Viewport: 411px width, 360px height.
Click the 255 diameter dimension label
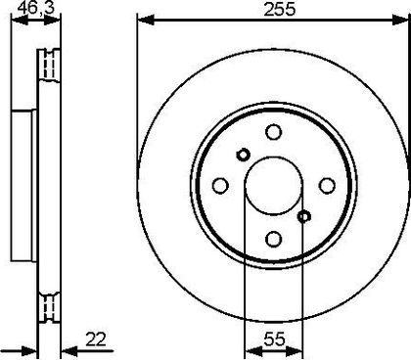(279, 9)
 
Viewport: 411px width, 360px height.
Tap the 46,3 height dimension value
(36, 8)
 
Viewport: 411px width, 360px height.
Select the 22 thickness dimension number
(96, 339)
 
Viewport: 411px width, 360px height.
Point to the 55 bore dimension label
(274, 339)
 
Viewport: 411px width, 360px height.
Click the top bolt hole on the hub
(273, 132)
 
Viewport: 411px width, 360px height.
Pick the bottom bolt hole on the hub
(273, 239)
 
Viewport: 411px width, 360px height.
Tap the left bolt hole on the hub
(220, 186)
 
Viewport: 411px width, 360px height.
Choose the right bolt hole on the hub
(327, 186)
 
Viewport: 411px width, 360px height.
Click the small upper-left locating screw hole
(243, 155)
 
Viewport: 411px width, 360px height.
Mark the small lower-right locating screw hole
(304, 216)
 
